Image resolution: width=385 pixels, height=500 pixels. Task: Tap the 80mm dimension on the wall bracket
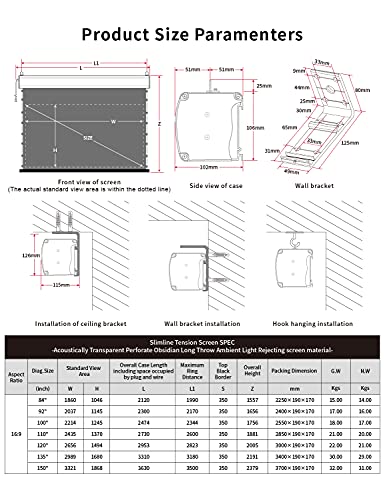tap(361, 90)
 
